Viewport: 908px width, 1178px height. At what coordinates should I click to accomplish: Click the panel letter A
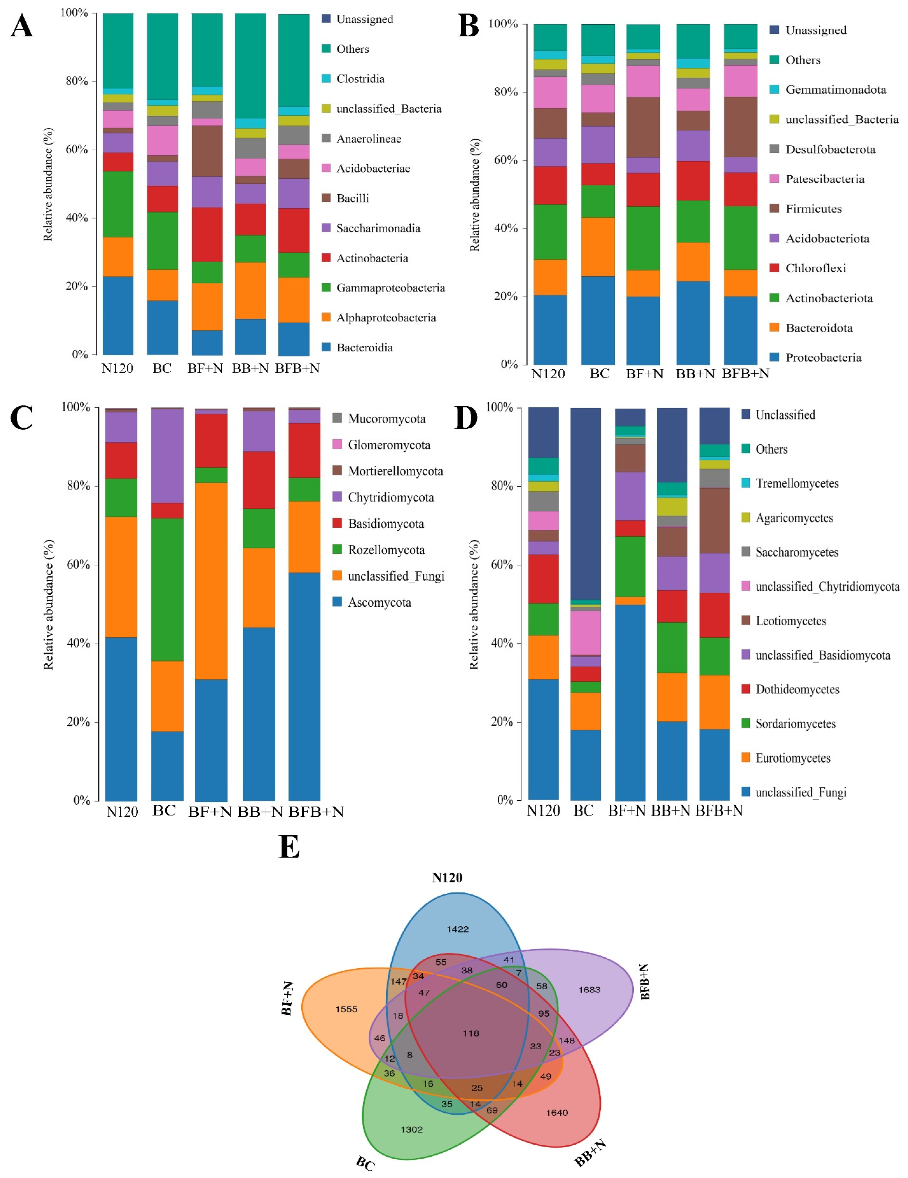22,26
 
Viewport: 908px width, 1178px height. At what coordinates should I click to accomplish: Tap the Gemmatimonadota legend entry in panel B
835,90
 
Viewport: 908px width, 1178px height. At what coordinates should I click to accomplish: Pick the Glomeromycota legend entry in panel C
389,445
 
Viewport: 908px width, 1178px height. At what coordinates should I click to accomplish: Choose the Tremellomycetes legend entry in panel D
796,483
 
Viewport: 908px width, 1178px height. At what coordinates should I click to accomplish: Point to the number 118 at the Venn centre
471,1033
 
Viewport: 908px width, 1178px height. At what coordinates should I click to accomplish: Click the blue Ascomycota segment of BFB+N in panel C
304,685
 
